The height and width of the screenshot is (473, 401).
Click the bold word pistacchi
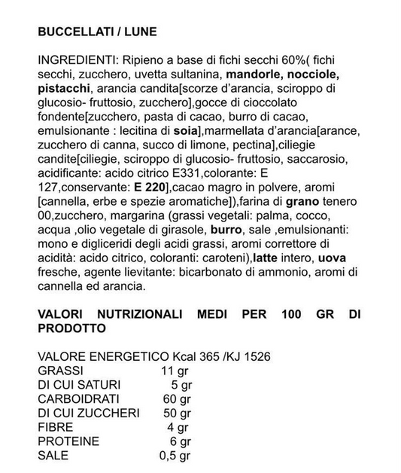tap(63, 89)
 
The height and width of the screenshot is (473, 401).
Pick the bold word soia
tap(181, 131)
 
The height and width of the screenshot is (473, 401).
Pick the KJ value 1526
tap(254, 356)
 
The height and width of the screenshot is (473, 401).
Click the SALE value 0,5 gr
tap(175, 456)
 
